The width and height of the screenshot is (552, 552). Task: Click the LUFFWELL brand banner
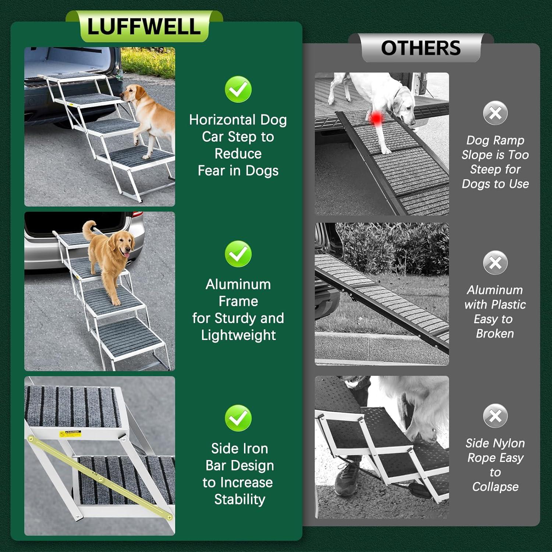pyautogui.click(x=144, y=26)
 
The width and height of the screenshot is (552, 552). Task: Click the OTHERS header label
pyautogui.click(x=421, y=48)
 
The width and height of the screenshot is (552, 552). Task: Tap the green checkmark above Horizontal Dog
pyautogui.click(x=238, y=89)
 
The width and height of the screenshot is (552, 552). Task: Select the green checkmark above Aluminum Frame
pyautogui.click(x=238, y=254)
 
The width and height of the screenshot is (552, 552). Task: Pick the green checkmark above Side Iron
pyautogui.click(x=238, y=418)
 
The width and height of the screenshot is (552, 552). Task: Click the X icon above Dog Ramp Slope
pyautogui.click(x=495, y=113)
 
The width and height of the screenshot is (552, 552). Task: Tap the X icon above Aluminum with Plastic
pyautogui.click(x=495, y=263)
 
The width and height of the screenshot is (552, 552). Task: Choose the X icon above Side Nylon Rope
pyautogui.click(x=495, y=416)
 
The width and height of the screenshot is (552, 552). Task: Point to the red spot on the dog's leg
pyautogui.click(x=376, y=118)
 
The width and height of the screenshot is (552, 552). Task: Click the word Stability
pyautogui.click(x=240, y=499)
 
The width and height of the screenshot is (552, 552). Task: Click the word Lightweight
pyautogui.click(x=238, y=335)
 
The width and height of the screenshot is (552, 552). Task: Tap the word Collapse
pyautogui.click(x=495, y=487)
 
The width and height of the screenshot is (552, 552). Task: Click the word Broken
pyautogui.click(x=495, y=334)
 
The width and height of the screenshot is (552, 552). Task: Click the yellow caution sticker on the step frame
pyautogui.click(x=70, y=434)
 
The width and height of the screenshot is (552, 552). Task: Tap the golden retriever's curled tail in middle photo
pyautogui.click(x=88, y=228)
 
